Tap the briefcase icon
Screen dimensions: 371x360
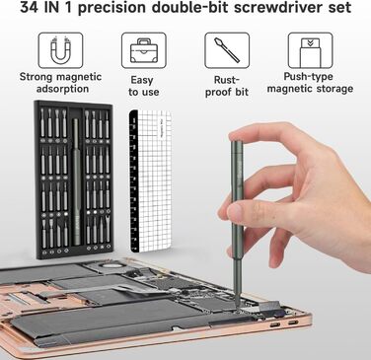click(144, 50)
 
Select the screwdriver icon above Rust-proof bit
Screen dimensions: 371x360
click(227, 50)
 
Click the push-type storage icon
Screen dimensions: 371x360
click(310, 52)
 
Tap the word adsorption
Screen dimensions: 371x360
click(62, 89)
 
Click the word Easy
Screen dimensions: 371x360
click(142, 80)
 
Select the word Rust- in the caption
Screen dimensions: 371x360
click(227, 80)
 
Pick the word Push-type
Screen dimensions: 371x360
click(308, 77)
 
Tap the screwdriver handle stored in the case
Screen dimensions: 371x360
click(76, 181)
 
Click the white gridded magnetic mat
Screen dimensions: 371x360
click(151, 181)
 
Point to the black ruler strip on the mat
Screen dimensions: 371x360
click(134, 181)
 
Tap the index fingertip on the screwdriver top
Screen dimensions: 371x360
click(236, 133)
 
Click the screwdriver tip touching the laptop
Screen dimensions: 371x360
click(237, 305)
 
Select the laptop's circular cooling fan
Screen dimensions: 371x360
click(111, 267)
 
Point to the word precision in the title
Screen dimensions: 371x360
click(111, 8)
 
